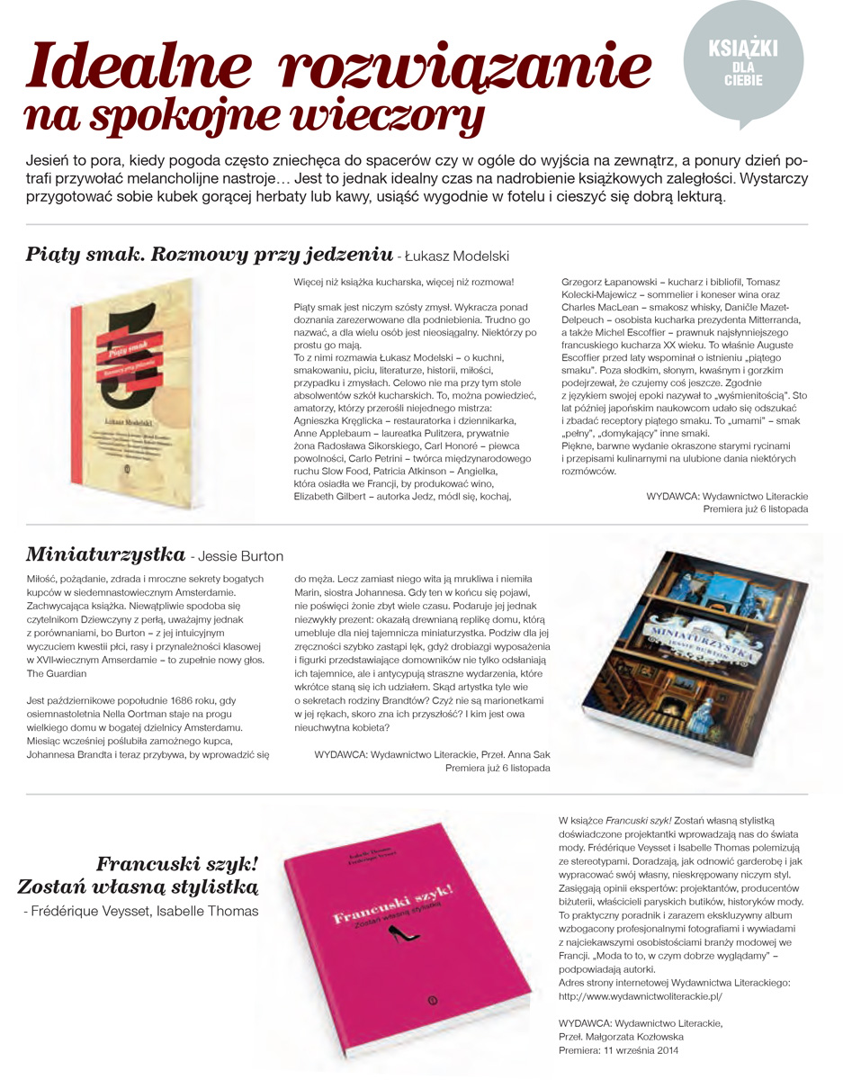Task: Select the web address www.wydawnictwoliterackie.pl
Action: [640, 996]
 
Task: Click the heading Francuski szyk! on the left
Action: [176, 866]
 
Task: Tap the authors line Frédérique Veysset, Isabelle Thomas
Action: [141, 911]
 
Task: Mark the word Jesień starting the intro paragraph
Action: [53, 159]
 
